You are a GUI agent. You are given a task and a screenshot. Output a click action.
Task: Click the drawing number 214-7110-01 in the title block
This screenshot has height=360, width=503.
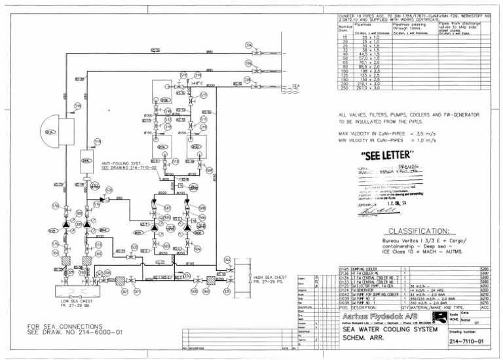pos(468,342)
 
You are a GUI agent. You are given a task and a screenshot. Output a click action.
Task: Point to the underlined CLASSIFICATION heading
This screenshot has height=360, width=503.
pos(419,231)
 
